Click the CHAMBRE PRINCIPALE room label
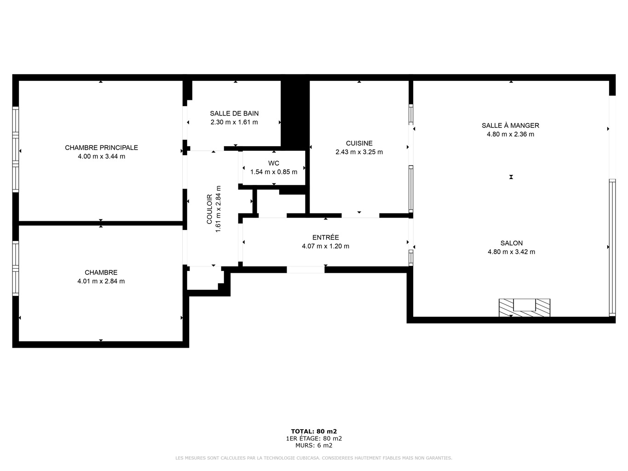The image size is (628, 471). [x=101, y=148]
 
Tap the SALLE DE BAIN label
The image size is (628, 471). [x=234, y=114]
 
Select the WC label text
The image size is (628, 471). [x=274, y=163]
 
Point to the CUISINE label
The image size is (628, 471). [x=359, y=143]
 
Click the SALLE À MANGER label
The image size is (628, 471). [x=510, y=125]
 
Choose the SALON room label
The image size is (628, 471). [x=511, y=243]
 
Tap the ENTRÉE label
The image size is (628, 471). [x=325, y=237]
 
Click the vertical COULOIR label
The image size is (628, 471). [x=209, y=209]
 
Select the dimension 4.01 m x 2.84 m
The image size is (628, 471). [x=101, y=281]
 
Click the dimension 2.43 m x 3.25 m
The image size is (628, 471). [x=359, y=152]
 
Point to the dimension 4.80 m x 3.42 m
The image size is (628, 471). [x=511, y=252]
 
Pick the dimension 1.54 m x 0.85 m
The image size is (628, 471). [x=274, y=172]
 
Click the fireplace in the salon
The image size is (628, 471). [x=524, y=308]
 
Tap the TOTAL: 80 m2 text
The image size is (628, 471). [x=314, y=431]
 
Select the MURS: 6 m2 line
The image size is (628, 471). [x=314, y=445]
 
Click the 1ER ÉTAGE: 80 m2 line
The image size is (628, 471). [x=314, y=438]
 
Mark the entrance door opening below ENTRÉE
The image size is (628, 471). [x=305, y=270]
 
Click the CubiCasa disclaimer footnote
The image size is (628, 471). [x=314, y=458]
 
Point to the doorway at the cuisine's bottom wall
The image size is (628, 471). [x=360, y=215]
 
